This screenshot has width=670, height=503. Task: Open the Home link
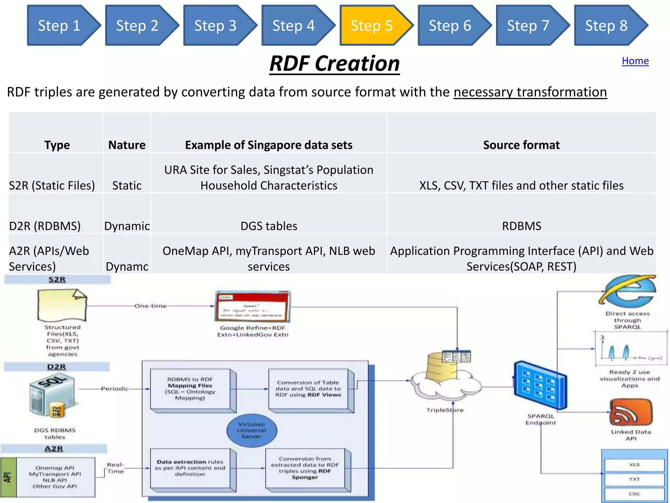tap(635, 61)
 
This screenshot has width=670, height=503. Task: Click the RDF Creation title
tap(334, 64)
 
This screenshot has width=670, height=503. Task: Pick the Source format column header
tap(521, 145)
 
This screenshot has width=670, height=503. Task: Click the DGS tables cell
tap(269, 226)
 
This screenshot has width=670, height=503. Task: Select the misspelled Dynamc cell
tap(127, 266)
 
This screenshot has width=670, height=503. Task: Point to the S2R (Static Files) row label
tap(52, 185)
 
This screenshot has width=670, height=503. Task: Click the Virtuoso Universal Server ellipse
tap(252, 430)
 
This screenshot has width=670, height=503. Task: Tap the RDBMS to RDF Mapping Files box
tap(190, 389)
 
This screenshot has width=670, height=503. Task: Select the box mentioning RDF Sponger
tap(305, 468)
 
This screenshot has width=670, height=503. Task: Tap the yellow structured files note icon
tap(62, 305)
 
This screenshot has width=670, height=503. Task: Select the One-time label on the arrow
tap(150, 306)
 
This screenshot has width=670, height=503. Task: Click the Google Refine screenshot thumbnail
tap(252, 307)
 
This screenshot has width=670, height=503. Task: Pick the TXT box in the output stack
tap(634, 479)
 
